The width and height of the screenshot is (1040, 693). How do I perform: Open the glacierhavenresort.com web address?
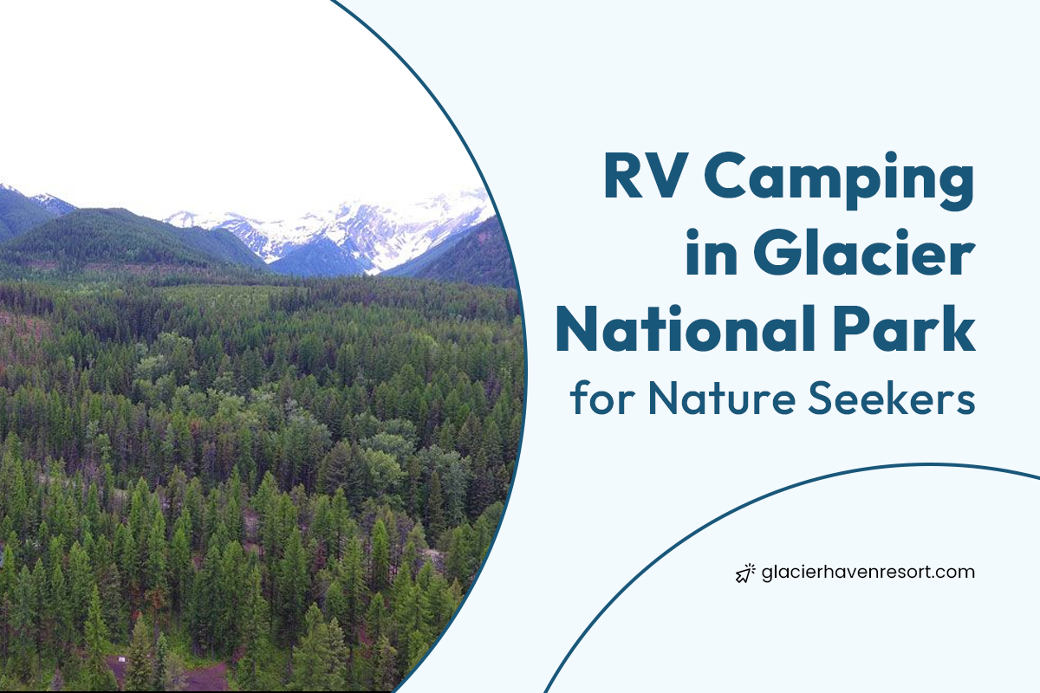(868, 572)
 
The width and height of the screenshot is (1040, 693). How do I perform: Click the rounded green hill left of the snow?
(130, 238)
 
